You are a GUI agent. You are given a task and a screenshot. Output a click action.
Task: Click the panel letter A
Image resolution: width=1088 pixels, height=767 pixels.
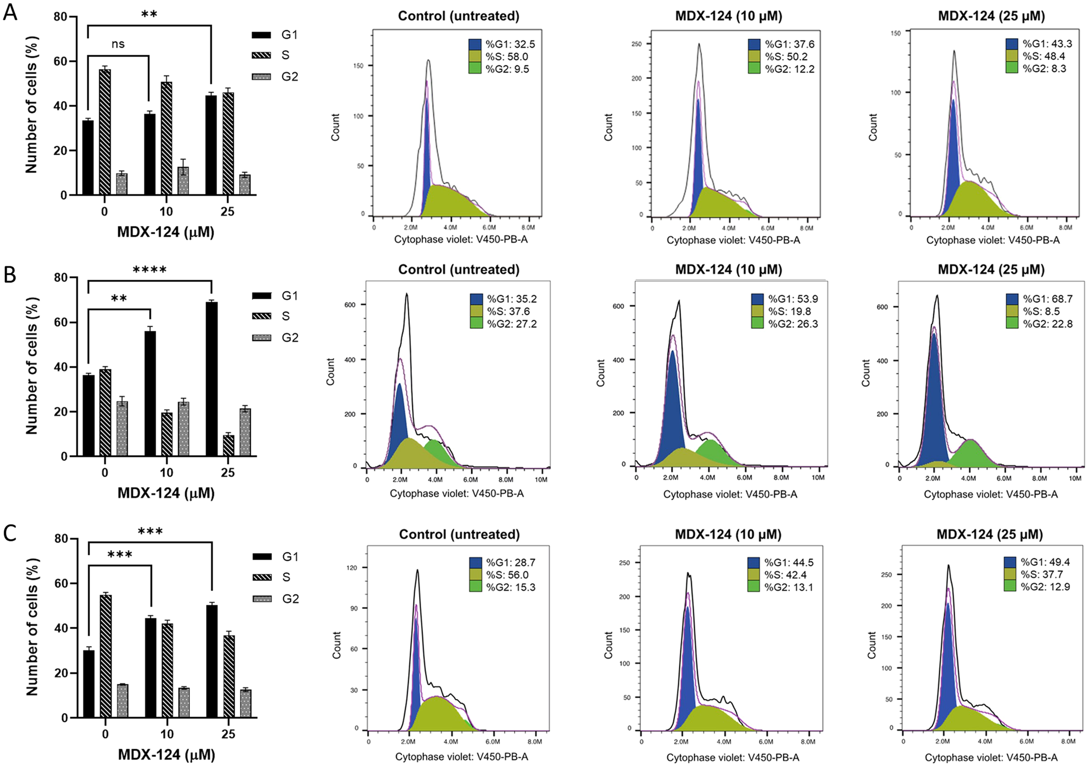10,12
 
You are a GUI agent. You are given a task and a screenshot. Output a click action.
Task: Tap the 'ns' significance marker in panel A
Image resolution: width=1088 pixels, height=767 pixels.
118,44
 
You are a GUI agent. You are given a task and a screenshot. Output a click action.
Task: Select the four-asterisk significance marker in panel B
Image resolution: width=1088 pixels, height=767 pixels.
149,270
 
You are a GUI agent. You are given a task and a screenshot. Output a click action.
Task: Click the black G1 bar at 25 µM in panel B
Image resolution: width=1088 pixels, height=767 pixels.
212,379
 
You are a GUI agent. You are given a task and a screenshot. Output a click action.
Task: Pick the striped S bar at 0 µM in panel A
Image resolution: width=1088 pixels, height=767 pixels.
105,132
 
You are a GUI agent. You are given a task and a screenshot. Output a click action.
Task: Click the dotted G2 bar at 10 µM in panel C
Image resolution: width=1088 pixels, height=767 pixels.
184,702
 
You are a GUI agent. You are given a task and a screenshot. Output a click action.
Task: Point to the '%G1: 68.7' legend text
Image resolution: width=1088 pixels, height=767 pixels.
1047,299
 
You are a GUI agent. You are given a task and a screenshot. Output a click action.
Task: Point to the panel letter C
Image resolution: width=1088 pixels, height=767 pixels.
10,533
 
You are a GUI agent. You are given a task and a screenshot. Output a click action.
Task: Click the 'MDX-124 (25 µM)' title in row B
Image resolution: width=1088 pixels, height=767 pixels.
991,270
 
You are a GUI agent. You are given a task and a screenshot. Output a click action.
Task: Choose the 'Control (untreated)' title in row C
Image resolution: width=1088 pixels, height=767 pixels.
459,534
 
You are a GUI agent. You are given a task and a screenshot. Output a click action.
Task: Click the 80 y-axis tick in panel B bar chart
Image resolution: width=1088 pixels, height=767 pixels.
61,278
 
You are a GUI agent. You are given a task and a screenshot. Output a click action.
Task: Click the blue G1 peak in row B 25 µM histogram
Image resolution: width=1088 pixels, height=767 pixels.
934,397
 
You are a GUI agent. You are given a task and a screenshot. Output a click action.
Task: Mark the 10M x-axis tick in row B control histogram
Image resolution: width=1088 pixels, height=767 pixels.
541,480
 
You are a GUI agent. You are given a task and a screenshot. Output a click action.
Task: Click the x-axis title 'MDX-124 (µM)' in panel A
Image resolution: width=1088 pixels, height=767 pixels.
165,233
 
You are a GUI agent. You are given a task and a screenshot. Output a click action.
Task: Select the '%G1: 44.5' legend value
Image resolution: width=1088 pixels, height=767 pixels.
789,562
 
